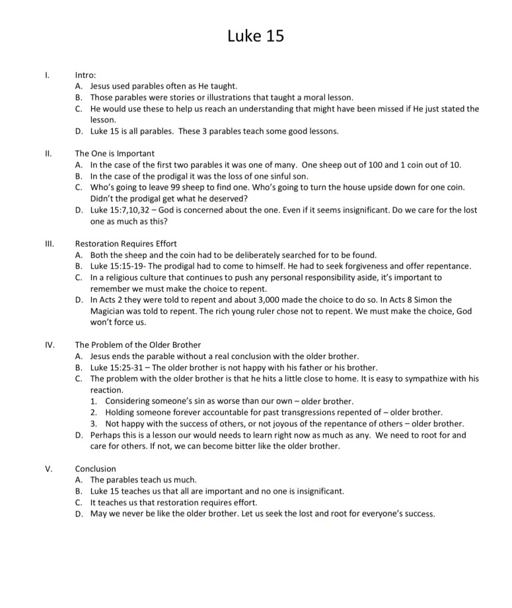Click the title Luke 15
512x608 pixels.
255,36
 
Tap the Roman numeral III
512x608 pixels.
49,244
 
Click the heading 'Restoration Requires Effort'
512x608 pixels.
125,244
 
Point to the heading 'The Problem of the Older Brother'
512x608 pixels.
138,345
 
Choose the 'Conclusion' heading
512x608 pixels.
96,469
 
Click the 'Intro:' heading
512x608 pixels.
86,75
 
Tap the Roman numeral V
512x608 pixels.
49,469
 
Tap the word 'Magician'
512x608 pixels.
109,311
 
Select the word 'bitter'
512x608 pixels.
276,446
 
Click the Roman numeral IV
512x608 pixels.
49,345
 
